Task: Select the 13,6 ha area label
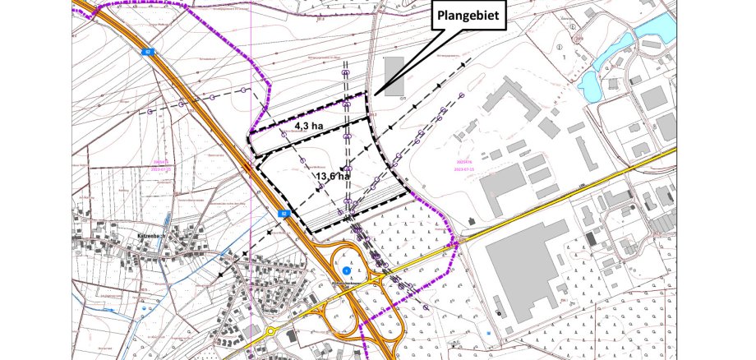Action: click(332, 176)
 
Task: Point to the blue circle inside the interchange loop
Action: click(346, 270)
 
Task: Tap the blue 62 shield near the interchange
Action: click(284, 213)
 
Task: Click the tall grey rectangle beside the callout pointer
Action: click(394, 76)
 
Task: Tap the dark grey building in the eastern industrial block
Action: click(590, 239)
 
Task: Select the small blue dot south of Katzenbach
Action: click(145, 309)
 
